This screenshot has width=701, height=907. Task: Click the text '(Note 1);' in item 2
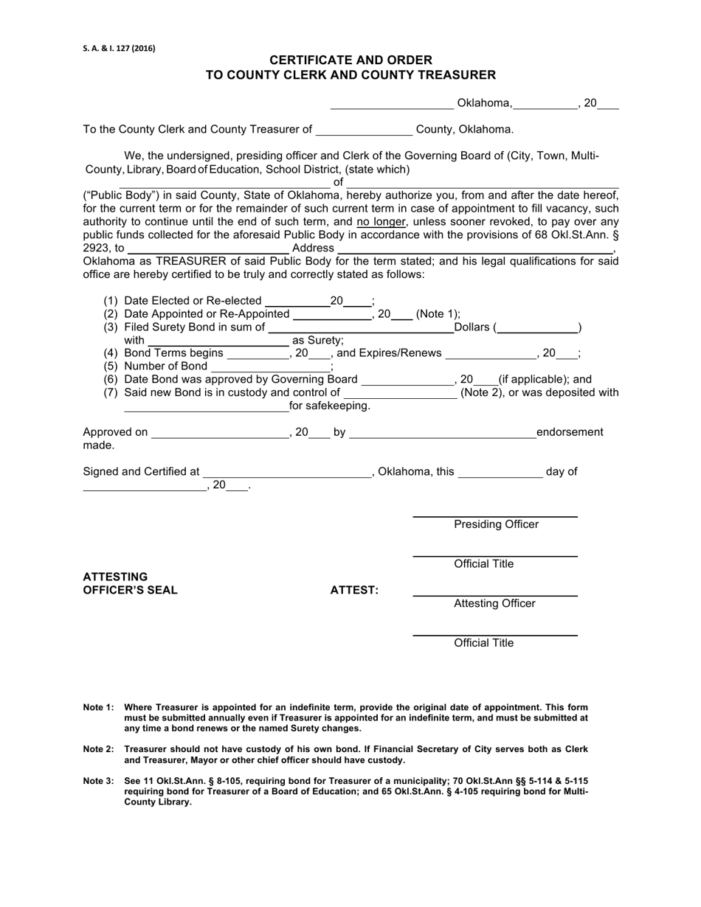(438, 314)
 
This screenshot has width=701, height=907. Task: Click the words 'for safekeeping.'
(330, 406)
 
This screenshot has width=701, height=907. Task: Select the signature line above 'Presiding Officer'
(494, 517)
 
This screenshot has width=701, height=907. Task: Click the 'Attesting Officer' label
(494, 604)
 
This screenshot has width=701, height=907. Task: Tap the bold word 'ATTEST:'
(354, 590)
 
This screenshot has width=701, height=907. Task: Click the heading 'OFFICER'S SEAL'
(130, 590)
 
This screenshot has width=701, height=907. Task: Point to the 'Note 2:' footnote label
(98, 749)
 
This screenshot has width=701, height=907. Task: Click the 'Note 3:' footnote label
(98, 781)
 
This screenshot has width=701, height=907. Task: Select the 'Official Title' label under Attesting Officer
(484, 643)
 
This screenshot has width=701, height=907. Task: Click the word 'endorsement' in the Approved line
(570, 432)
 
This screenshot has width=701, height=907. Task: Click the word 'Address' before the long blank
(313, 249)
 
